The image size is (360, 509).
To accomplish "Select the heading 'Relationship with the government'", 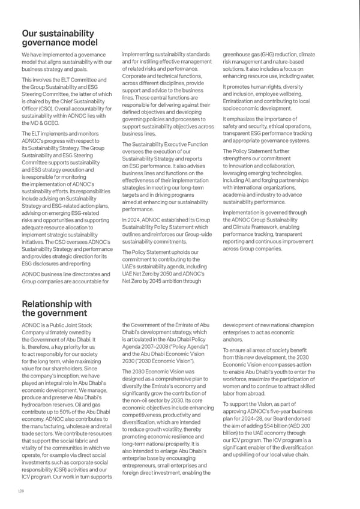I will (x=56, y=308).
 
